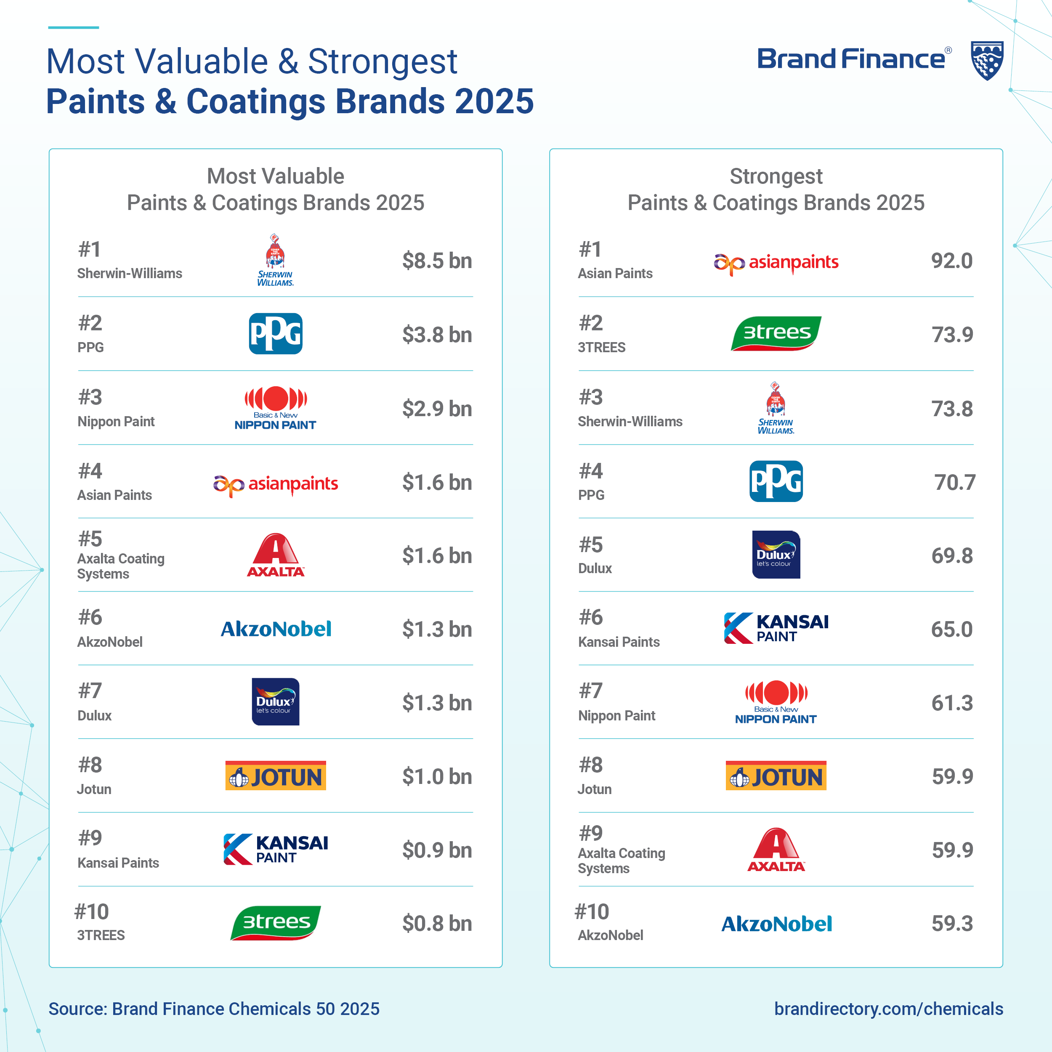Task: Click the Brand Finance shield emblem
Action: point(987,61)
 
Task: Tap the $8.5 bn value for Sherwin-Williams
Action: point(437,261)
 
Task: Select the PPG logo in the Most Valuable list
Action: point(276,334)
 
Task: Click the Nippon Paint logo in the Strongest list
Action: point(776,702)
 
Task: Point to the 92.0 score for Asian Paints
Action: point(951,261)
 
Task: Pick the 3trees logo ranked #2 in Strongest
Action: point(776,333)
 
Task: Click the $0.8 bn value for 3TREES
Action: point(437,924)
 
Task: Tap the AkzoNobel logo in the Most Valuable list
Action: point(276,630)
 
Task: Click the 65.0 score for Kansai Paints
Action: point(951,630)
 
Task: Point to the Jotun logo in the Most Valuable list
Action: point(276,776)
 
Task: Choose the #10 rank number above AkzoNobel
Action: point(592,911)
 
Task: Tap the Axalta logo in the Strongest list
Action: point(776,850)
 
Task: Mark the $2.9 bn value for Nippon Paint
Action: point(437,409)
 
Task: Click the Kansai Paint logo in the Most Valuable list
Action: point(276,850)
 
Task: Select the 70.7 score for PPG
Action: point(954,482)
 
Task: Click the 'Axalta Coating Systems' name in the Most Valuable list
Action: point(121,566)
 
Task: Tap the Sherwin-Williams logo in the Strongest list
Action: point(776,408)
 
